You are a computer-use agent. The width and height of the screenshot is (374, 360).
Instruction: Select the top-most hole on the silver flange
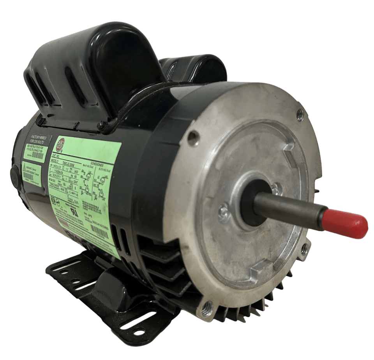click(x=300, y=115)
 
